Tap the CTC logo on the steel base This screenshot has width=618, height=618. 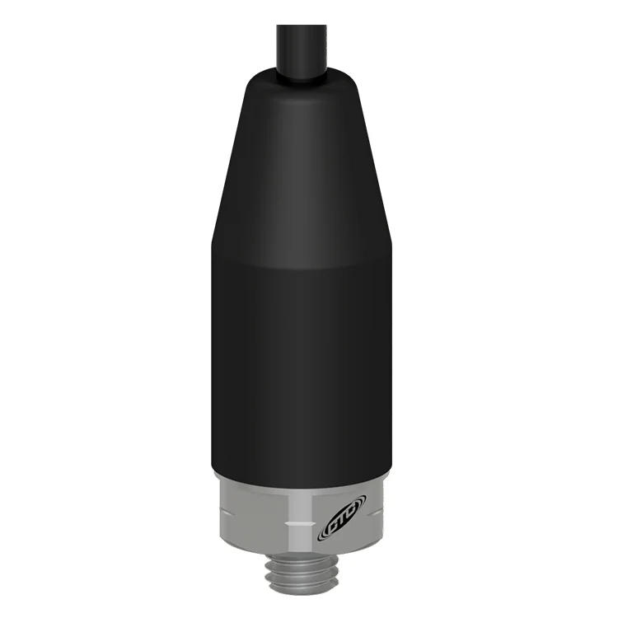click(x=341, y=522)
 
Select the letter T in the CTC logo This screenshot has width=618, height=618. click(x=342, y=522)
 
